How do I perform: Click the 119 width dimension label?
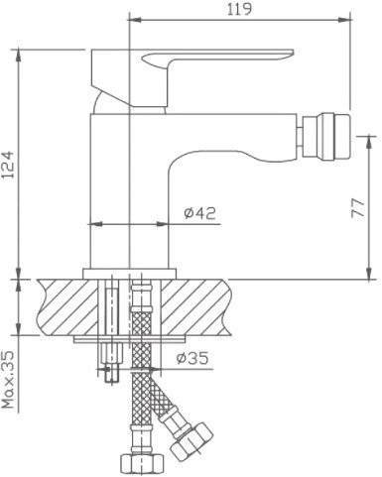click(x=239, y=9)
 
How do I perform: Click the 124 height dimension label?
click(x=8, y=165)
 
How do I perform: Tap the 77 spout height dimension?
click(x=358, y=207)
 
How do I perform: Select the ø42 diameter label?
click(x=199, y=213)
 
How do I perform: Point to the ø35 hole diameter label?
click(x=192, y=358)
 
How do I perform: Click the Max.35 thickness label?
click(x=8, y=379)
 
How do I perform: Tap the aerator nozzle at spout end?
click(x=326, y=137)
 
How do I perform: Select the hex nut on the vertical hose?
click(x=142, y=465)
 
